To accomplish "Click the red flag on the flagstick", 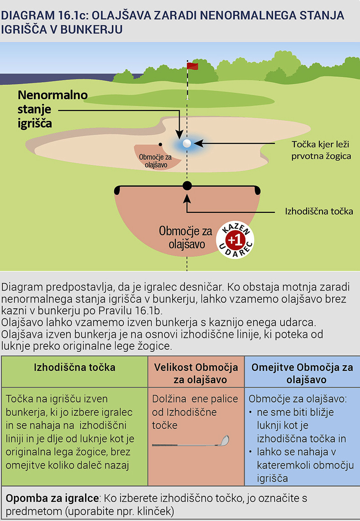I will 193,67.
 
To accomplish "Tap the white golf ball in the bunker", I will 186,143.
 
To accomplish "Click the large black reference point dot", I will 187,185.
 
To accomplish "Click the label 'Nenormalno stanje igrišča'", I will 52,110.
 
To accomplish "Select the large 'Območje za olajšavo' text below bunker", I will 182,237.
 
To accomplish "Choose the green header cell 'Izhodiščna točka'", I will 74,368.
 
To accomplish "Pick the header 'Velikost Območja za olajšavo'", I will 196,374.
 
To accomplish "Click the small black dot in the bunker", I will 160,144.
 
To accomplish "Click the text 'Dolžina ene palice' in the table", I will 195,399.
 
